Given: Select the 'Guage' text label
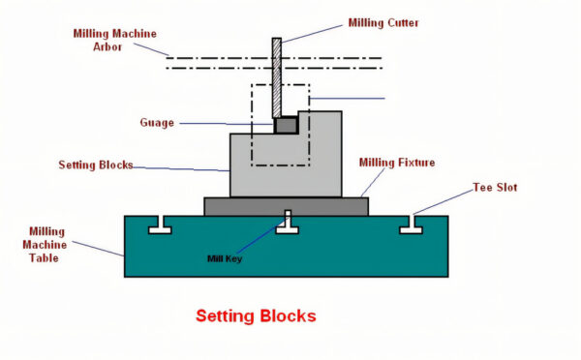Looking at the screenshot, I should [159, 123].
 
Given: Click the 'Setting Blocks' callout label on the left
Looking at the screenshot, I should [95, 165].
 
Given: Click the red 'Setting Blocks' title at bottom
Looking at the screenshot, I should [256, 315].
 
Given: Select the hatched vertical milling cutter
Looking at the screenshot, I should [276, 77].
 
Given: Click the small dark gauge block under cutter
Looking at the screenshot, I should [286, 125].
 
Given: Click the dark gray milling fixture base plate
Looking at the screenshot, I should [286, 206].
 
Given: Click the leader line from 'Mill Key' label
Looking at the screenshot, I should [260, 238].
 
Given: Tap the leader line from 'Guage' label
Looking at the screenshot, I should [223, 123].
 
